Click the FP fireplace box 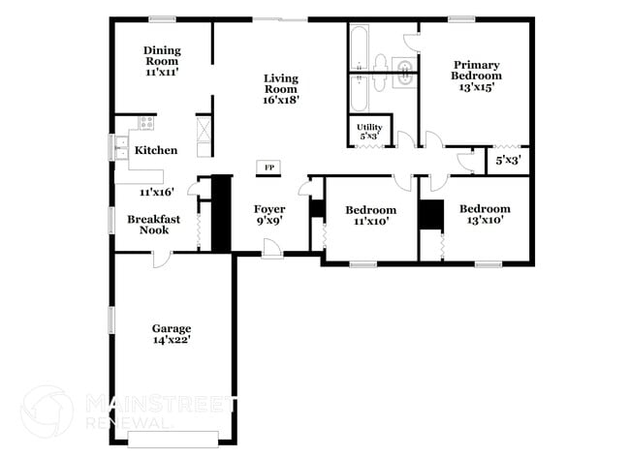[269, 168]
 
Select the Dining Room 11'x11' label [163, 61]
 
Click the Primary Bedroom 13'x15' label [476, 76]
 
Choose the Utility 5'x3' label [369, 132]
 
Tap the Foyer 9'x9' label [269, 215]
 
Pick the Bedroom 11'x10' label [371, 215]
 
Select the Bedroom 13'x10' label [484, 214]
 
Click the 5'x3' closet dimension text [508, 161]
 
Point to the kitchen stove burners [145, 123]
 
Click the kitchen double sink [123, 148]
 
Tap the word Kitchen [156, 150]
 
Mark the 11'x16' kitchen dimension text [156, 192]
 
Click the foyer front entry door [272, 251]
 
